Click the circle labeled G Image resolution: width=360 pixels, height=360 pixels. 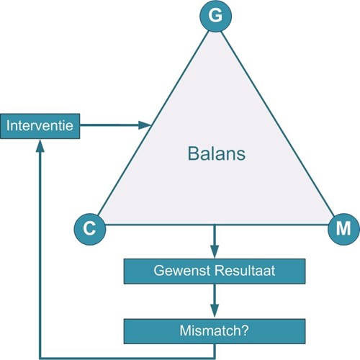215,17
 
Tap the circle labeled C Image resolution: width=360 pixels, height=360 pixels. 90,229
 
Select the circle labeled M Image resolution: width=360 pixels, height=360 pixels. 343,229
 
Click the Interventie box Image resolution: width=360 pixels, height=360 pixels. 40,126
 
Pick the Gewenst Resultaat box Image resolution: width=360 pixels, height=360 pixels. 215,271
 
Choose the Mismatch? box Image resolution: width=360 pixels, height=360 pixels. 215,331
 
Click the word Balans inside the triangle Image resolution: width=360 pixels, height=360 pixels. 217,153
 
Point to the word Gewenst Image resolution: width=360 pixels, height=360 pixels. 183,271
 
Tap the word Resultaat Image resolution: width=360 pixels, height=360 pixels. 245,271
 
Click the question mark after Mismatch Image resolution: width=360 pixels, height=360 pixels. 245,330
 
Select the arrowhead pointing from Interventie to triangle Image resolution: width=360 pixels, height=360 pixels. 145,125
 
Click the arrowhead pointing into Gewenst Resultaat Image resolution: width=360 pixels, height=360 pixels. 215,252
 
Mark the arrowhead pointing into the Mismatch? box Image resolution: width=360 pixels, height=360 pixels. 215,312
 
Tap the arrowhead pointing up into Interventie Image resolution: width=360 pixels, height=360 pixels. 40,145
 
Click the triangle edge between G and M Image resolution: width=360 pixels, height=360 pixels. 277,123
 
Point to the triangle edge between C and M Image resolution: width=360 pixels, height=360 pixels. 217,225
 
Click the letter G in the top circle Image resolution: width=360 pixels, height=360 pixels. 215,16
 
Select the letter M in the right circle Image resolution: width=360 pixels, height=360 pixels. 343,228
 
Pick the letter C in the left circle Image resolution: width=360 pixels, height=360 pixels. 89,228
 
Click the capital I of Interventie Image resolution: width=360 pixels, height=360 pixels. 8,125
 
